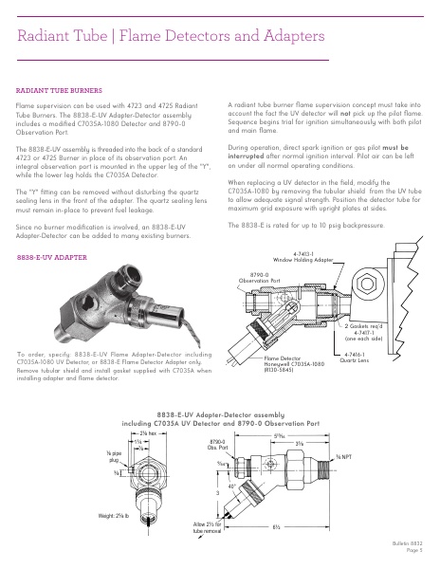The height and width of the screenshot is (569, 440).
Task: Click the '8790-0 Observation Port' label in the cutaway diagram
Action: (257, 279)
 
